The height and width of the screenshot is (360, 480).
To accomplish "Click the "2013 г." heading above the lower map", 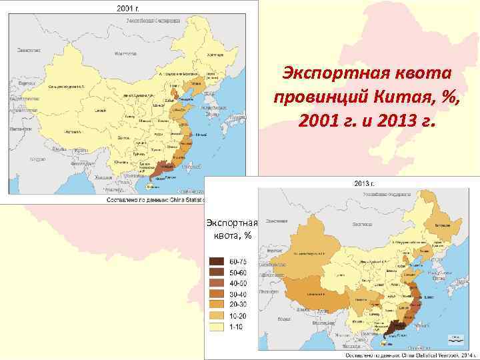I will pyautogui.click(x=363, y=182).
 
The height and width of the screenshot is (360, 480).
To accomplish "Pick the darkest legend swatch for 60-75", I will pyautogui.click(x=217, y=261).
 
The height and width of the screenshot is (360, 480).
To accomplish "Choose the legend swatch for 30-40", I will pyautogui.click(x=217, y=294).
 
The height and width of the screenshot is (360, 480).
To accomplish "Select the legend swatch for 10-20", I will pyautogui.click(x=217, y=316).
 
